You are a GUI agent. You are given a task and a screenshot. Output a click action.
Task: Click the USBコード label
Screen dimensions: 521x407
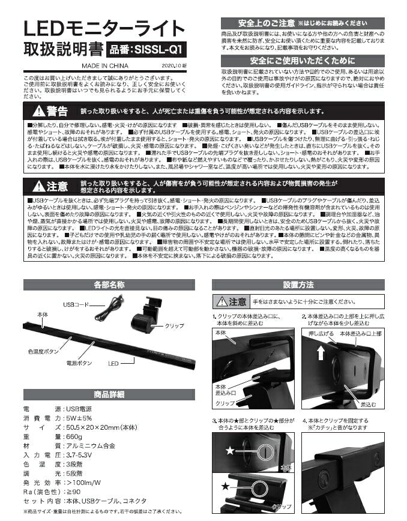[76, 304]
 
